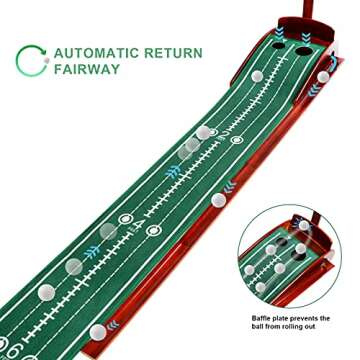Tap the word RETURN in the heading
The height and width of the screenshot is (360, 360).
pos(173,52)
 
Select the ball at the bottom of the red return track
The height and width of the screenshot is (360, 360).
pos(97,331)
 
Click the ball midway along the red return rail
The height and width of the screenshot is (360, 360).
pos(218,199)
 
